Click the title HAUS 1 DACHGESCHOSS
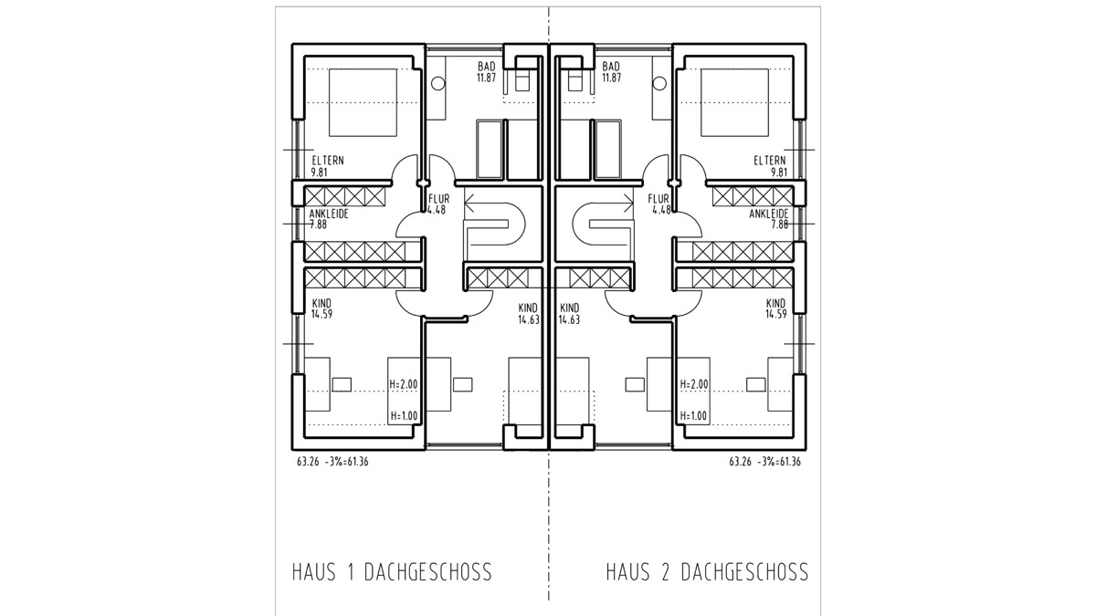click(392, 572)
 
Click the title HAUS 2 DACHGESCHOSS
click(707, 572)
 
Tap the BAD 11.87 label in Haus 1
click(486, 71)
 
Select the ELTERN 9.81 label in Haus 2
click(770, 166)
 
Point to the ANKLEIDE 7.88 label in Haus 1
click(329, 219)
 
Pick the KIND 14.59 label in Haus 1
click(321, 308)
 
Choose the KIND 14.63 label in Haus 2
click(570, 314)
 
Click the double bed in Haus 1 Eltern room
click(363, 102)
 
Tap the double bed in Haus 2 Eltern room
click(734, 102)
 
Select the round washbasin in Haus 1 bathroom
click(437, 84)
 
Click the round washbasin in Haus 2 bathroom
click(659, 84)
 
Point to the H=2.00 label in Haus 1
click(404, 384)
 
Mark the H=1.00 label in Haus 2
click(694, 416)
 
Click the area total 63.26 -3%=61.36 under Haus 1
click(332, 462)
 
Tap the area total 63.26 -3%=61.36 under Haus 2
click(764, 462)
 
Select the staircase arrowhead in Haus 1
click(469, 203)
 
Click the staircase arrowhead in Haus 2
click(628, 203)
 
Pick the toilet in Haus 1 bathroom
click(523, 79)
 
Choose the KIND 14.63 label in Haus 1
click(529, 314)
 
